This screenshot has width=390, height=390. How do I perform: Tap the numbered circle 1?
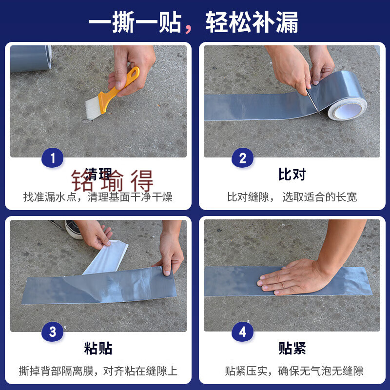(53, 158)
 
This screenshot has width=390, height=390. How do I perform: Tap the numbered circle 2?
(242, 158)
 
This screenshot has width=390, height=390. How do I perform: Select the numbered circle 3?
(53, 332)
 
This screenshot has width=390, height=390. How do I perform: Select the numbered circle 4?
(242, 332)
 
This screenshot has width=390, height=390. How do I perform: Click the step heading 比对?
(292, 175)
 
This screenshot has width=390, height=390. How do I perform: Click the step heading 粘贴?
(98, 349)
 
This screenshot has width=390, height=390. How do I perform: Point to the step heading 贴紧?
(292, 349)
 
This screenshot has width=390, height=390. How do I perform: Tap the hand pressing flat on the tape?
(292, 276)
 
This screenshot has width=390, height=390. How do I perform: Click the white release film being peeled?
(107, 256)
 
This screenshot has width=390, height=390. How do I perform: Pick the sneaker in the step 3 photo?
(74, 229)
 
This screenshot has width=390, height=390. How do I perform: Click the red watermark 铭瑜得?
(113, 181)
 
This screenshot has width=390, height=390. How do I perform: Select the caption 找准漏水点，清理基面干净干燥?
(98, 197)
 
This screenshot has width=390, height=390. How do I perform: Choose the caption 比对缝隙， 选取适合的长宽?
(292, 197)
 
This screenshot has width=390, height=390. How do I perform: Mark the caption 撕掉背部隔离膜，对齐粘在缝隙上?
(98, 371)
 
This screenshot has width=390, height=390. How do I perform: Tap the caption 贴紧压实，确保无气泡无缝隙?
(294, 371)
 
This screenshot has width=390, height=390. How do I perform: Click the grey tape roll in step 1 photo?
(30, 58)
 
